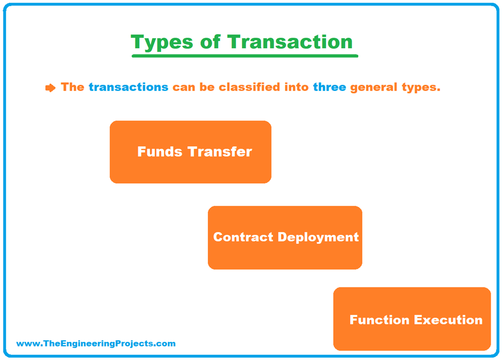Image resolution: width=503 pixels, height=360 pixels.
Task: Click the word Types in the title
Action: [162, 42]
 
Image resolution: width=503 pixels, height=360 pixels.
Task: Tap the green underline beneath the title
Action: [245, 56]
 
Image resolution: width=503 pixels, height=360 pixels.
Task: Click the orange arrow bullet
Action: [50, 88]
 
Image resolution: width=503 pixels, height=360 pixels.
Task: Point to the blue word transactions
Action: [128, 87]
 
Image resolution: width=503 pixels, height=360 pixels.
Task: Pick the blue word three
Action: [329, 87]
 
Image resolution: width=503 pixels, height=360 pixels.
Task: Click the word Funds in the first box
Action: [159, 152]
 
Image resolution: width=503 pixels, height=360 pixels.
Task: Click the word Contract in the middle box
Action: [243, 237]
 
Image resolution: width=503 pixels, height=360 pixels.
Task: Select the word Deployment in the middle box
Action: [318, 238]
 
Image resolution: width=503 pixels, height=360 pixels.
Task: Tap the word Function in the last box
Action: [379, 320]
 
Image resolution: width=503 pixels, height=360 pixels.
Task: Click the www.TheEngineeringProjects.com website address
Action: [96, 344]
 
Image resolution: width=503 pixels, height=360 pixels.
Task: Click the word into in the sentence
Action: [297, 87]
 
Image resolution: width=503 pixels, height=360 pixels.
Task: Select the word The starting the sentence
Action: [72, 87]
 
